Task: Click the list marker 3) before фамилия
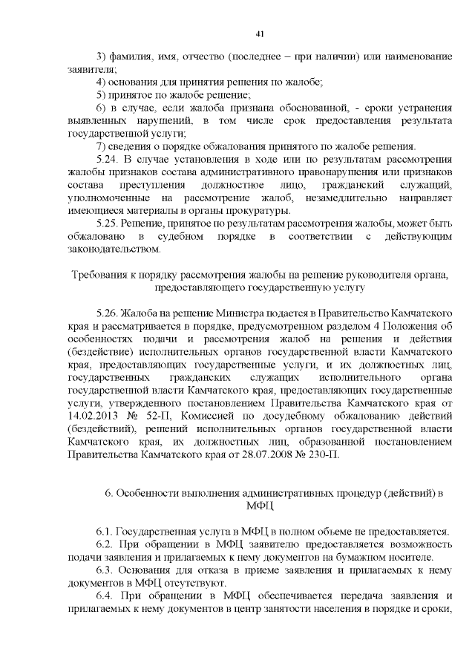point(102,58)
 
